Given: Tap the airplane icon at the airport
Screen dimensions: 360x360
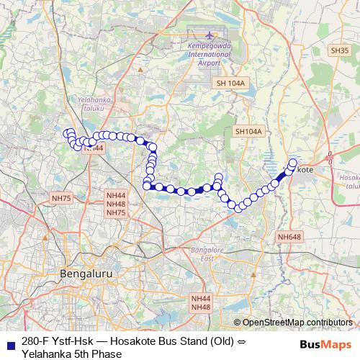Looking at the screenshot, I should (x=210, y=35).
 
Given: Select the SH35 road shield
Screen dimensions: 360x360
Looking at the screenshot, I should (x=340, y=50).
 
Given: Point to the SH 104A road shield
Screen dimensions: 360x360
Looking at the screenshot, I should (x=230, y=84).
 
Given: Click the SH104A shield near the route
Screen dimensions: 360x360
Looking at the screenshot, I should (x=248, y=132).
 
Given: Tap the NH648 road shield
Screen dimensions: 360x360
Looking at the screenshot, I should (x=289, y=237).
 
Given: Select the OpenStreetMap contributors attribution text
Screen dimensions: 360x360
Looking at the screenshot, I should (x=297, y=322).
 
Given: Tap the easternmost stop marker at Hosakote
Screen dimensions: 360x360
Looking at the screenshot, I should (x=293, y=163).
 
